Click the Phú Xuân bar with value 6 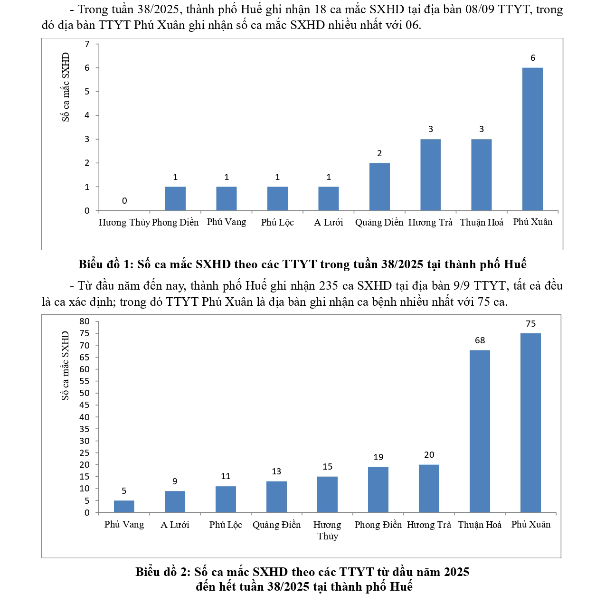tap(532, 139)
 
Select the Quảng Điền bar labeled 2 tap(379, 187)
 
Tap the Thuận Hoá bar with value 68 tap(480, 431)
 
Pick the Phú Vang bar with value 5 tap(124, 507)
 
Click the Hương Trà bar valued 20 tap(429, 489)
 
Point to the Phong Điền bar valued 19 tap(378, 490)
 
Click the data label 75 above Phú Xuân tap(530, 324)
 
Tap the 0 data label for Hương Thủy tap(124, 201)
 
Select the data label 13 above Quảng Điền tap(276, 471)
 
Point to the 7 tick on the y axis tap(87, 44)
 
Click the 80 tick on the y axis tap(85, 321)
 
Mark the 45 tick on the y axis tap(85, 405)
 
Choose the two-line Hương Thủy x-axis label tap(327, 530)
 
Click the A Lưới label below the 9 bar tap(175, 525)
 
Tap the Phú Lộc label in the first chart tap(277, 222)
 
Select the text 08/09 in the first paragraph tap(480, 9)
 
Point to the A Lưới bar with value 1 tap(329, 198)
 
